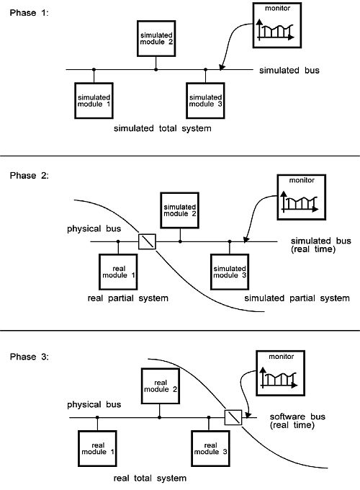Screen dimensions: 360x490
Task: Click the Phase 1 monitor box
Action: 277,25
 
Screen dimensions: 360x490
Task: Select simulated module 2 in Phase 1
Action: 156,38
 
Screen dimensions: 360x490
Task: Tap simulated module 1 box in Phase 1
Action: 94,101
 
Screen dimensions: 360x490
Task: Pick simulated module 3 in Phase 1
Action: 205,101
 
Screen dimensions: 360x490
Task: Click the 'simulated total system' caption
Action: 162,128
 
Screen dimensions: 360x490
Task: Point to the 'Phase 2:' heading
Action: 30,176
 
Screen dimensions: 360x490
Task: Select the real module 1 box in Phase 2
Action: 118,272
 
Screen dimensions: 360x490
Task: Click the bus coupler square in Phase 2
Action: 147,241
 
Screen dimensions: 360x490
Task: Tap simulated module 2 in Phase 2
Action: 179,210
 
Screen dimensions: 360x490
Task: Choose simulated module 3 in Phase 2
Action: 230,272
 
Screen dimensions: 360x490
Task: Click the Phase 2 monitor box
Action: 302,197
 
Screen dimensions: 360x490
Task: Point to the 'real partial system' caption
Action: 127,298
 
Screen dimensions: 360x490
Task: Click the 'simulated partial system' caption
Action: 297,298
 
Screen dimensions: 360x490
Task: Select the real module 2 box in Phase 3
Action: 161,386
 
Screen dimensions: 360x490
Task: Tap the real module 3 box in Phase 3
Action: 210,449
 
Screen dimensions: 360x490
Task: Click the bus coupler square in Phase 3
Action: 233,417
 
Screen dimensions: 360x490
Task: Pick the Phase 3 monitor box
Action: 280,373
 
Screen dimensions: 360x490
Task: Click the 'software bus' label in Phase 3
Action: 297,416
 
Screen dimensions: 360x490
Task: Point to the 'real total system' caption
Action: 150,478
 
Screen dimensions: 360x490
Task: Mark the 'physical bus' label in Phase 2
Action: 94,228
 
